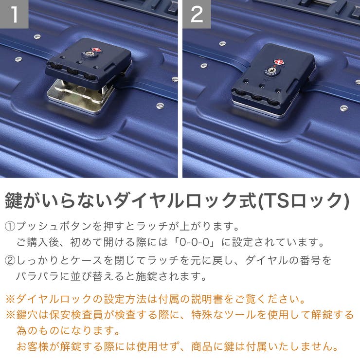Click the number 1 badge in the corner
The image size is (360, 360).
pos(14,14)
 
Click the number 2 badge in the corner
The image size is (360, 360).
pos(197,14)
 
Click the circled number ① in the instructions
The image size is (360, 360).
pos(10,227)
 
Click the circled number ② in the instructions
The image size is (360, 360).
pos(10,261)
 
